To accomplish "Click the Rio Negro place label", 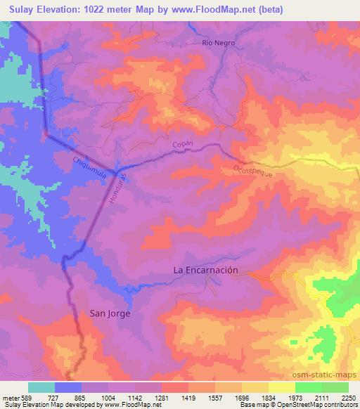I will [218, 43].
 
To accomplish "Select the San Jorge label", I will [110, 313].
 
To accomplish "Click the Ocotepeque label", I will [252, 171].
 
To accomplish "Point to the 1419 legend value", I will [188, 397].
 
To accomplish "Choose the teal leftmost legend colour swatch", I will [41, 387].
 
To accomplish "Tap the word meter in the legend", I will [9, 397].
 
